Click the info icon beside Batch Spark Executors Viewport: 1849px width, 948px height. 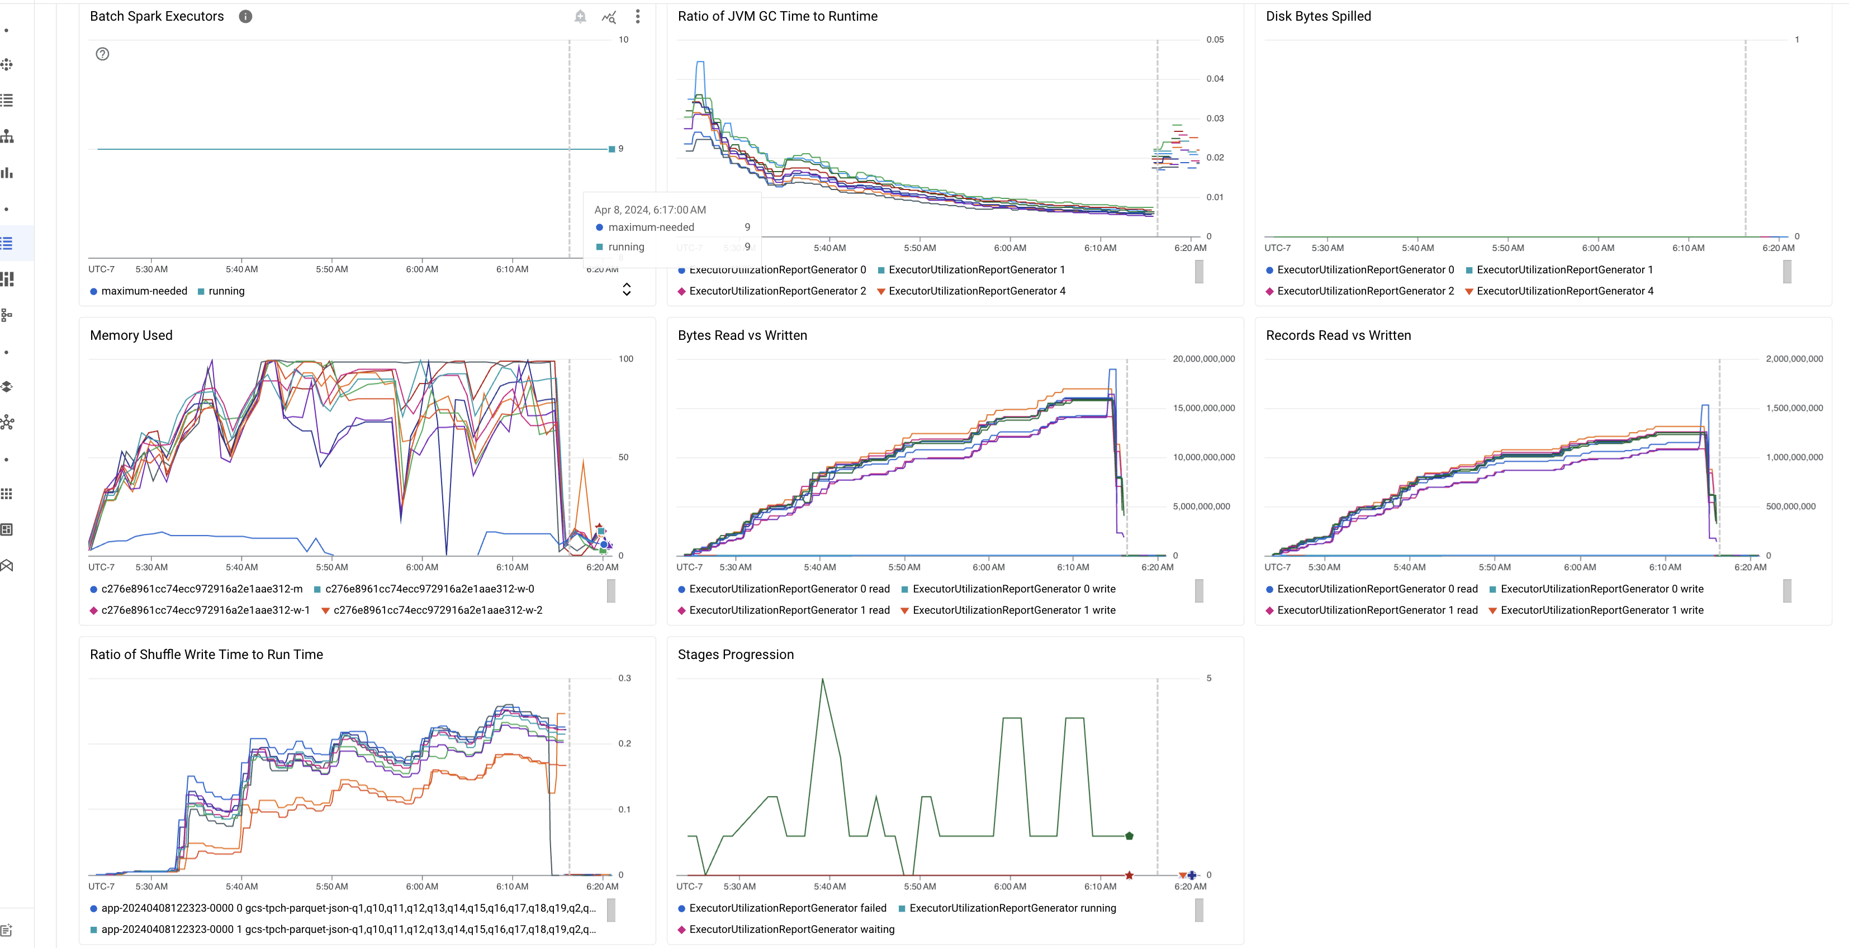pyautogui.click(x=245, y=17)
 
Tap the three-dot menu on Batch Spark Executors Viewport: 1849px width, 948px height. pyautogui.click(x=637, y=17)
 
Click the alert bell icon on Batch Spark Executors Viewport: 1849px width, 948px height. pyautogui.click(x=580, y=17)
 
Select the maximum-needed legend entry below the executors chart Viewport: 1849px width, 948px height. pyautogui.click(x=144, y=291)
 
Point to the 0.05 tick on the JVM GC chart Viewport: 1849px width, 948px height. pyautogui.click(x=1215, y=40)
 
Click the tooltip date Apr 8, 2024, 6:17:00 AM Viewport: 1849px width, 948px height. pyautogui.click(x=649, y=210)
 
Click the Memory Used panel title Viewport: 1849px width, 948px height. pyautogui.click(x=131, y=335)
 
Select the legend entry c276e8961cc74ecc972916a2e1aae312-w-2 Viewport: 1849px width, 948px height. pyautogui.click(x=437, y=610)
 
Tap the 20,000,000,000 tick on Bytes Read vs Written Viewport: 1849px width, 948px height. pyautogui.click(x=1204, y=359)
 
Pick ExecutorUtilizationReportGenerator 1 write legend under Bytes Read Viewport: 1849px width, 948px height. pyautogui.click(x=1013, y=610)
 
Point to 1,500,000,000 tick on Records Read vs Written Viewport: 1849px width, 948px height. pyautogui.click(x=1794, y=407)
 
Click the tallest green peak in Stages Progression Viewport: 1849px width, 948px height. pyautogui.click(x=823, y=680)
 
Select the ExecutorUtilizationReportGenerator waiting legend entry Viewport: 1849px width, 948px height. pyautogui.click(x=791, y=930)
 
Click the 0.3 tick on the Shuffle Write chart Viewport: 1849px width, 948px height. pyautogui.click(x=624, y=678)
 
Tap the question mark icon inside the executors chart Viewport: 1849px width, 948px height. pyautogui.click(x=103, y=54)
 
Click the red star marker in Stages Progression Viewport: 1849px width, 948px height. pyautogui.click(x=1129, y=875)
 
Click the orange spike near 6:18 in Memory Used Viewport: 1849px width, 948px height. pyautogui.click(x=584, y=463)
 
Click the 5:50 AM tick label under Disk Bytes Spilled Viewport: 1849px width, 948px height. pyautogui.click(x=1507, y=248)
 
